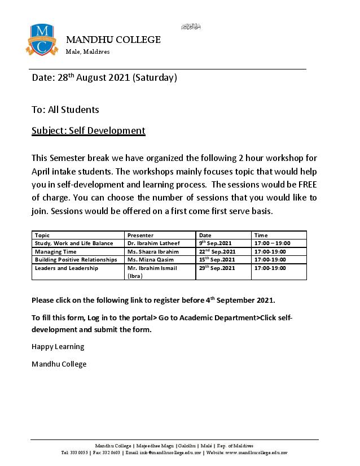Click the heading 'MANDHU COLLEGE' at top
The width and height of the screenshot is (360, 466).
tap(113, 40)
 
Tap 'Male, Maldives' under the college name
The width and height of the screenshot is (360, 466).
tap(88, 52)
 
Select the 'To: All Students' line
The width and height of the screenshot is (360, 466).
tap(65, 110)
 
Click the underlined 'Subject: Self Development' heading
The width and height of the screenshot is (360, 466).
tap(89, 130)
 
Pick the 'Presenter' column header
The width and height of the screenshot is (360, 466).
tap(141, 235)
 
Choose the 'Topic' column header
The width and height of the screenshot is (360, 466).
tap(42, 235)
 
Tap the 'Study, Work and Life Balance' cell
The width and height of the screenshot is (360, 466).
tap(74, 243)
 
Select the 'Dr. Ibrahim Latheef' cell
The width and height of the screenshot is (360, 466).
tap(152, 243)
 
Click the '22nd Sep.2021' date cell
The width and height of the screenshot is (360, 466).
tap(217, 251)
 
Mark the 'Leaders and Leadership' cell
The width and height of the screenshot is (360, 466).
tap(67, 268)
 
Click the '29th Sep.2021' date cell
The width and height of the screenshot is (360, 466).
tap(217, 268)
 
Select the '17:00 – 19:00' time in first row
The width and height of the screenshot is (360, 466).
tap(273, 243)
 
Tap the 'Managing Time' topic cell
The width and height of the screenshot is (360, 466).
tap(55, 251)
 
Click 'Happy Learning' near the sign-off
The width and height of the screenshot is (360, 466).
tap(58, 346)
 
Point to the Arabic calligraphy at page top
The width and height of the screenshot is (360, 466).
tap(191, 27)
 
